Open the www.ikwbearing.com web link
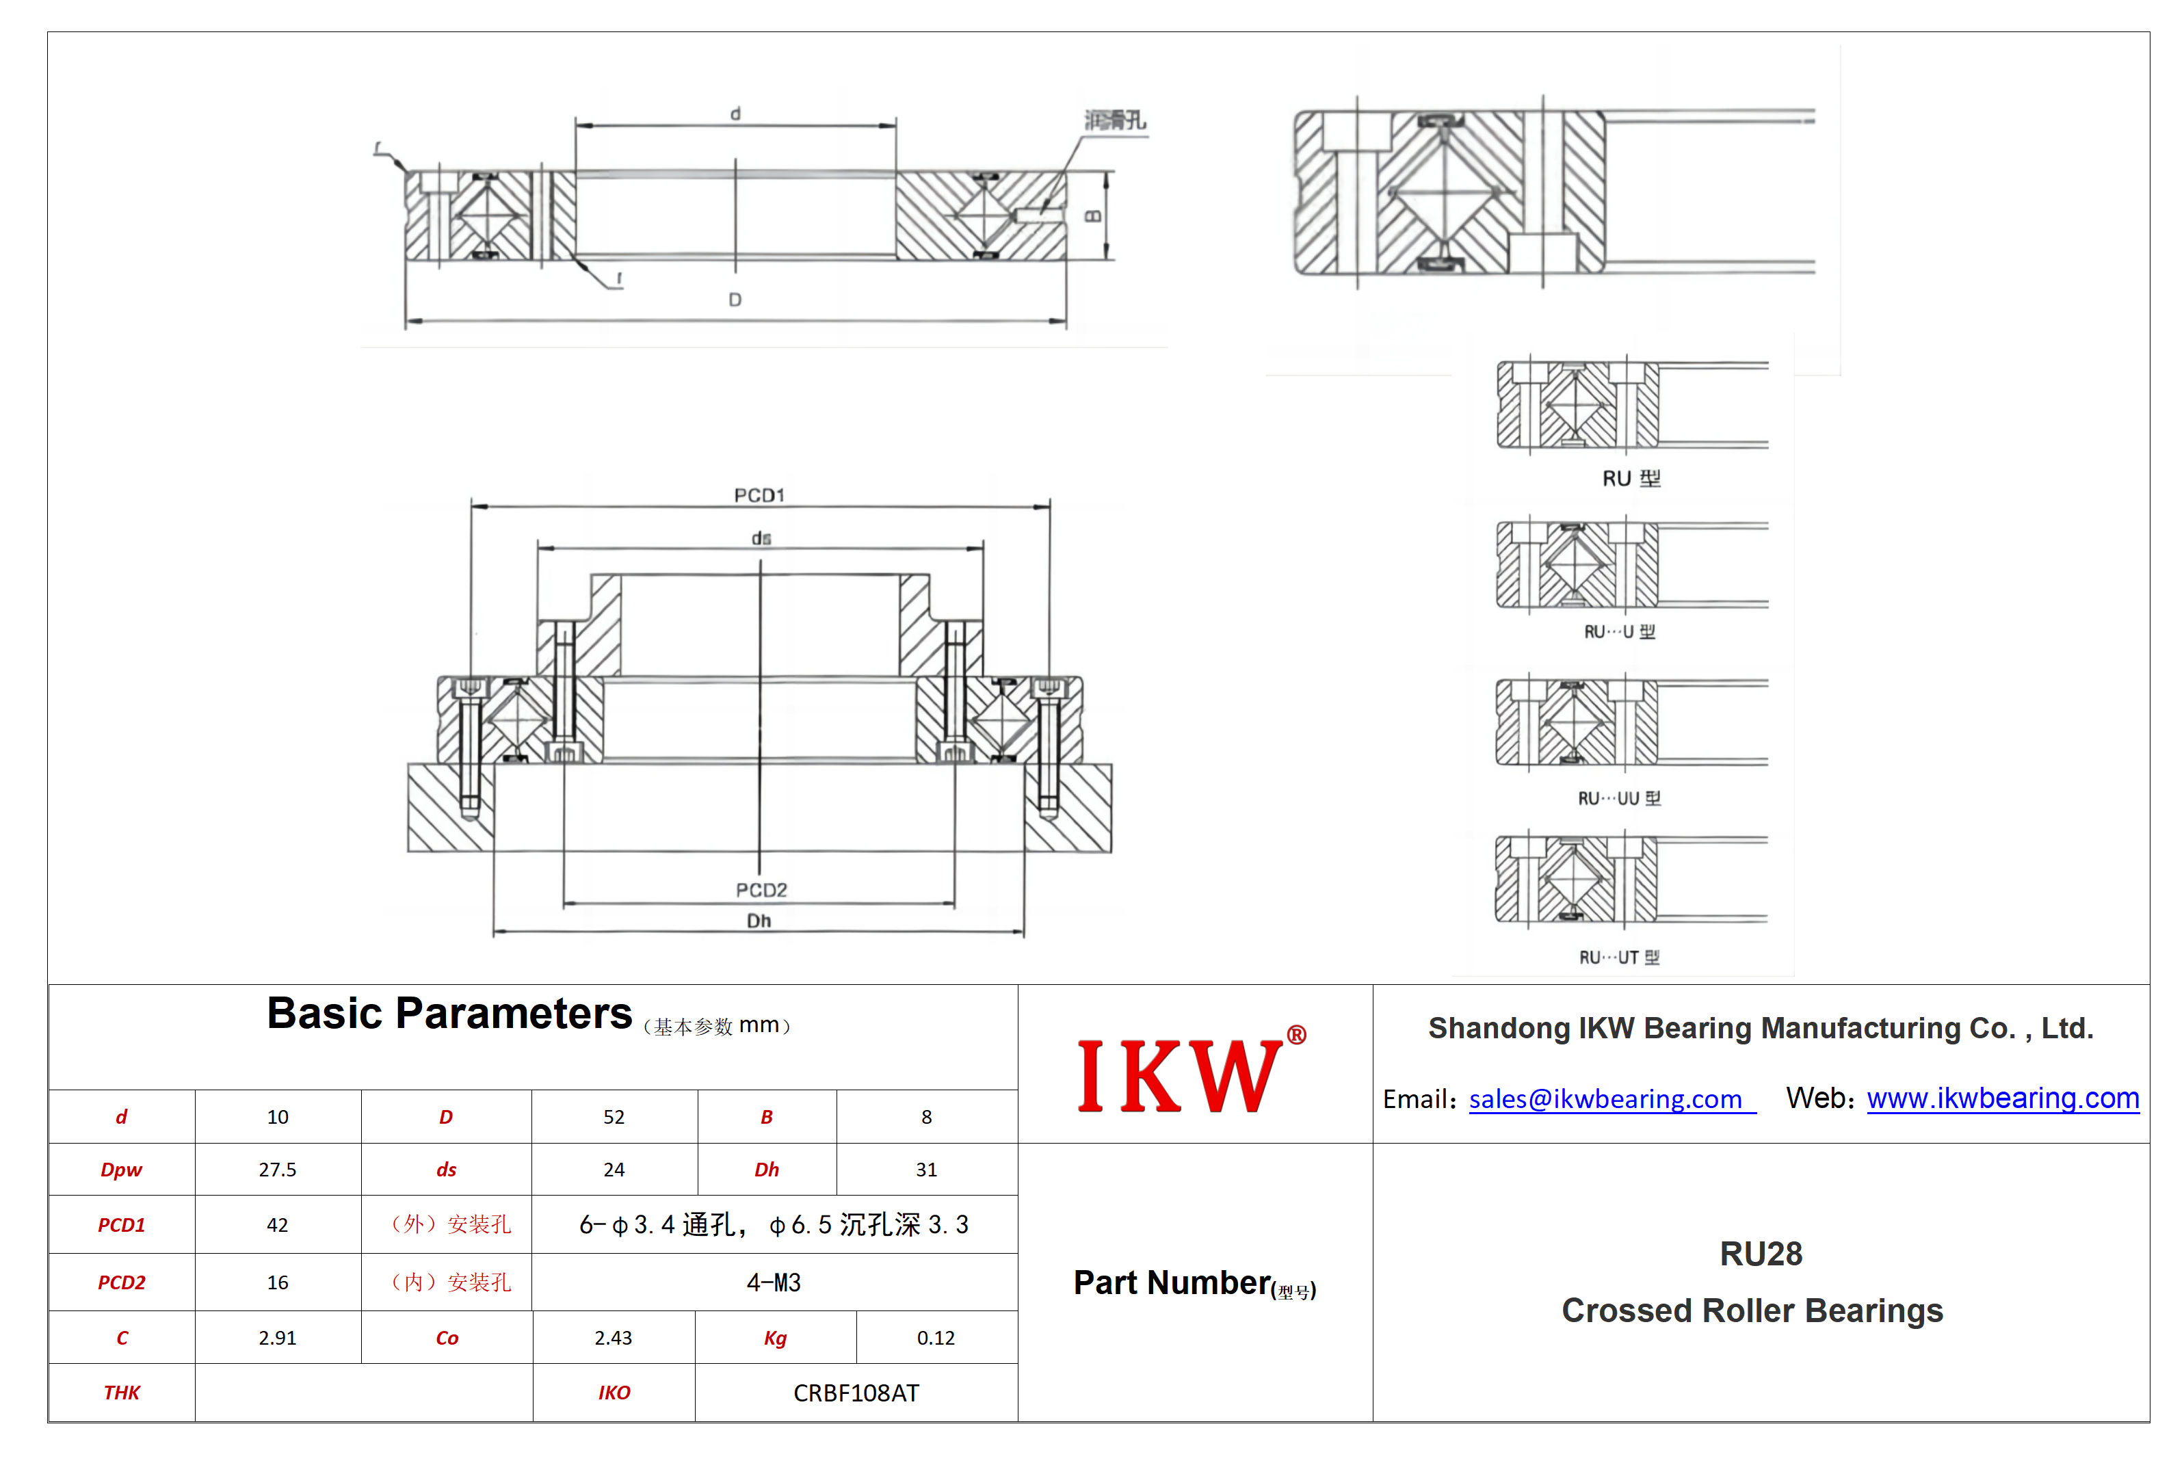click(2003, 1098)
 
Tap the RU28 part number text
click(1761, 1254)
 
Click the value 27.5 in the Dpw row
click(278, 1170)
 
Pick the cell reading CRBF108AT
click(856, 1393)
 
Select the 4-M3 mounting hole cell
click(774, 1282)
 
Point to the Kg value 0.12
click(935, 1338)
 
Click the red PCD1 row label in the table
click(122, 1225)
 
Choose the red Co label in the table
click(447, 1338)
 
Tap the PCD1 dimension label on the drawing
click(759, 495)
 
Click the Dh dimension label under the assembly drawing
click(759, 921)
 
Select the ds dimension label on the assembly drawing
click(761, 538)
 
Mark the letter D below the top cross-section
click(735, 300)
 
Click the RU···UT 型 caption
click(1619, 958)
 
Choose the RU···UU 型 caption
click(1619, 799)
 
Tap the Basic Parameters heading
click(449, 1014)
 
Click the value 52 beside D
click(614, 1118)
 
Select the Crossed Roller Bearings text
click(1752, 1310)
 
